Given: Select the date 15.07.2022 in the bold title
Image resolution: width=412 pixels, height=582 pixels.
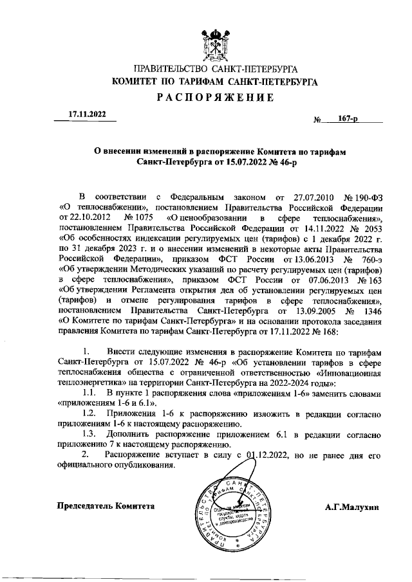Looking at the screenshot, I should (243, 164).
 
